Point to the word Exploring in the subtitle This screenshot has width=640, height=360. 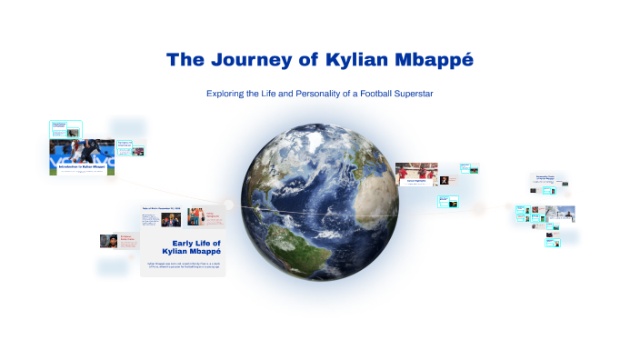(x=227, y=94)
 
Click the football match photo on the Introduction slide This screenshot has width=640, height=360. (x=81, y=151)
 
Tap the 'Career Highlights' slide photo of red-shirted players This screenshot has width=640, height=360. (x=415, y=172)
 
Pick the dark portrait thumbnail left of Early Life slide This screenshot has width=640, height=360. (x=106, y=241)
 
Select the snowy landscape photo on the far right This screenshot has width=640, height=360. (x=560, y=214)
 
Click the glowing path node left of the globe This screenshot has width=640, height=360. (x=230, y=205)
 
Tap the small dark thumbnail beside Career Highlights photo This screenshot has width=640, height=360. (x=444, y=180)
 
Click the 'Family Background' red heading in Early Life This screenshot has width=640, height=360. (x=214, y=215)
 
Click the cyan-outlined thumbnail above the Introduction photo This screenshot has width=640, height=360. (x=66, y=127)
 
